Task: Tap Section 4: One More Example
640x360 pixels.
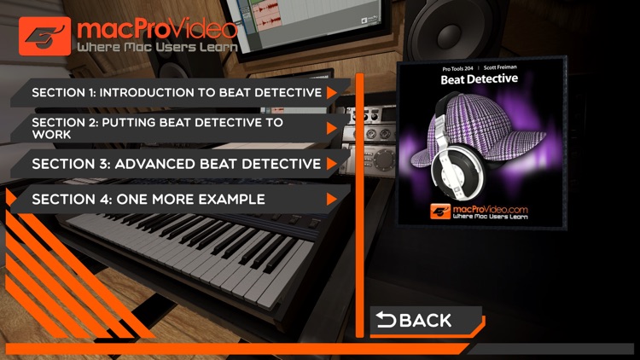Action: coord(149,199)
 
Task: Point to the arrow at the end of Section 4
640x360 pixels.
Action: coord(331,200)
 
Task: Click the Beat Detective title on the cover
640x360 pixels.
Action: coord(480,80)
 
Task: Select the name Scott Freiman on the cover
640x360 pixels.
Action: coord(505,66)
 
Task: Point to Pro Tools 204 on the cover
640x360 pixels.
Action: coord(456,66)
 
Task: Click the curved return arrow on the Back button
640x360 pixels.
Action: coord(387,320)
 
